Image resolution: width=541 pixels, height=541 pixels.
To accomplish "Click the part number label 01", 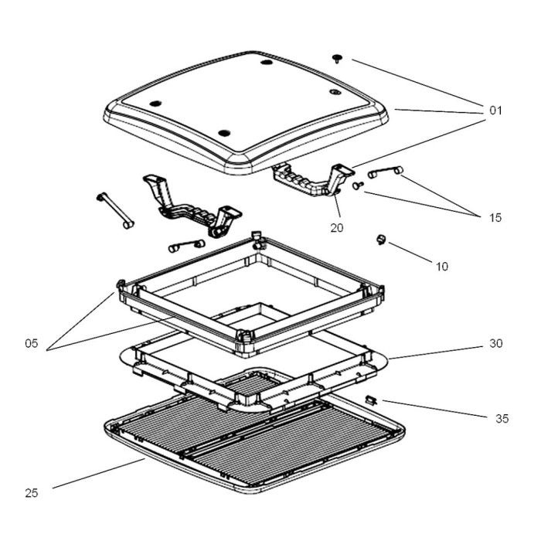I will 495,111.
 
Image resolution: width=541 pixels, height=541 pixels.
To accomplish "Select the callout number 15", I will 495,217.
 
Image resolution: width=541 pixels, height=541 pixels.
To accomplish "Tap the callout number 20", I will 337,228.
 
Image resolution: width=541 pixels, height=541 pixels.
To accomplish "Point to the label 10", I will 441,267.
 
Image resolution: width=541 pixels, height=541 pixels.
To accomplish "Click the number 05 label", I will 31,344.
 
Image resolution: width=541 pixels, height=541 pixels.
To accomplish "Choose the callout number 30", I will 495,343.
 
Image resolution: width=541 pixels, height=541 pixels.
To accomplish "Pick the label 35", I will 502,418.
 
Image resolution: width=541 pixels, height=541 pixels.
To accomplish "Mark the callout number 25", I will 31,493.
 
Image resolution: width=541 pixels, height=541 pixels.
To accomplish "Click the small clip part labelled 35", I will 372,400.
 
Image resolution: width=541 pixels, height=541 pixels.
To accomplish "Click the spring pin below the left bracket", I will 185,246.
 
